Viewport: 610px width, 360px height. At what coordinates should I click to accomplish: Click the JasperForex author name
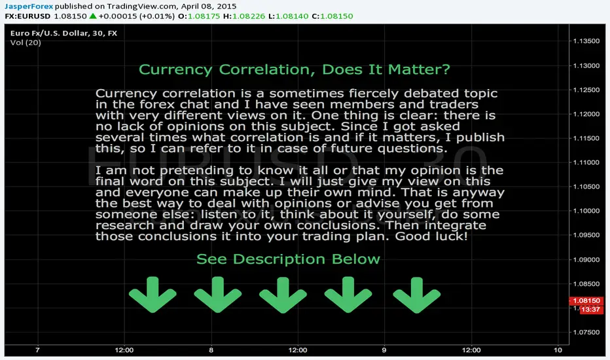[x=29, y=7]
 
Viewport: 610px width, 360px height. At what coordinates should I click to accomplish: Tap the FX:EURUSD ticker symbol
[x=27, y=16]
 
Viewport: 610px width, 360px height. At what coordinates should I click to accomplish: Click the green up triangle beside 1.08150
[x=92, y=16]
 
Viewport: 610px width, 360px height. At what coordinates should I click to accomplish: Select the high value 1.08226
[x=249, y=16]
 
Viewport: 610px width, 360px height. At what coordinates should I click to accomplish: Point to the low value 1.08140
[x=292, y=16]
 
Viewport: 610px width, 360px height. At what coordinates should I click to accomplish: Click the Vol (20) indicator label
[x=26, y=43]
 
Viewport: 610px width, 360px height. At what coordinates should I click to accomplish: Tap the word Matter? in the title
[x=419, y=69]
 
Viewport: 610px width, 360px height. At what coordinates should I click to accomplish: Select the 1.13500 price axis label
[x=586, y=41]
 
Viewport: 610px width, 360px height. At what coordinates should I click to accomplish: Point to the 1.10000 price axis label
[x=586, y=211]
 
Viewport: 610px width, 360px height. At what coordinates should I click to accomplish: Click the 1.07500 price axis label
[x=586, y=333]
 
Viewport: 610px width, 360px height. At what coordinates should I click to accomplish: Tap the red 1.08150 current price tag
[x=586, y=301]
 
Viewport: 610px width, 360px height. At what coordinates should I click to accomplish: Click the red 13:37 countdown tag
[x=591, y=310]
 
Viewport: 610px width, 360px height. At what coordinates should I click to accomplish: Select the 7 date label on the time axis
[x=37, y=350]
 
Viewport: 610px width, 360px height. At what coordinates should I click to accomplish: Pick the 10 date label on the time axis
[x=558, y=350]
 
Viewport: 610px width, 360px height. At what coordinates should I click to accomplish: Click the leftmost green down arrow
[x=152, y=295]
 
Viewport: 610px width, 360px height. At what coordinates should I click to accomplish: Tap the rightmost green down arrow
[x=417, y=295]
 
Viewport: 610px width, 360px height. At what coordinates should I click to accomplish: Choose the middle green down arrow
[x=283, y=295]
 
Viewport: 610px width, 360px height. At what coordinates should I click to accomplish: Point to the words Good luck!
[x=431, y=236]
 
